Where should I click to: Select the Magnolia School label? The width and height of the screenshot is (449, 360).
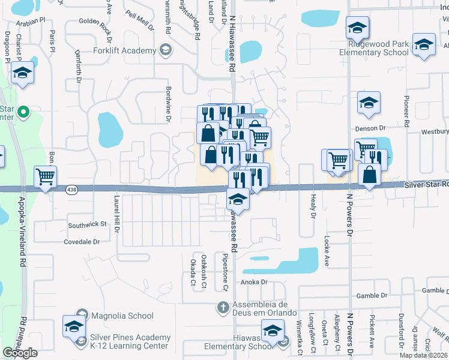coord(122,316)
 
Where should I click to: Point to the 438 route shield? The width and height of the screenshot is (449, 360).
coord(70,189)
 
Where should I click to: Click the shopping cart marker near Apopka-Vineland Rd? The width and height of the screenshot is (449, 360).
coord(46,177)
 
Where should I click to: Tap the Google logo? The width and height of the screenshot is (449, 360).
coord(20,353)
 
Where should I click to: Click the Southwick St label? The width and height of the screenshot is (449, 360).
coord(86,224)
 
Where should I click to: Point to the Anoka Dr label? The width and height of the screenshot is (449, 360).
coord(253,282)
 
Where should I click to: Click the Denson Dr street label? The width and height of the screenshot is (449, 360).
coord(370,128)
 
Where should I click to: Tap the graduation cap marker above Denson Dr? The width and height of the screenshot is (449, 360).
coord(369,102)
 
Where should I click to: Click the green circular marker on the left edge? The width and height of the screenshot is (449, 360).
coord(23,112)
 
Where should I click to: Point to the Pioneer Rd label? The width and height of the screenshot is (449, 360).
coord(406,111)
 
